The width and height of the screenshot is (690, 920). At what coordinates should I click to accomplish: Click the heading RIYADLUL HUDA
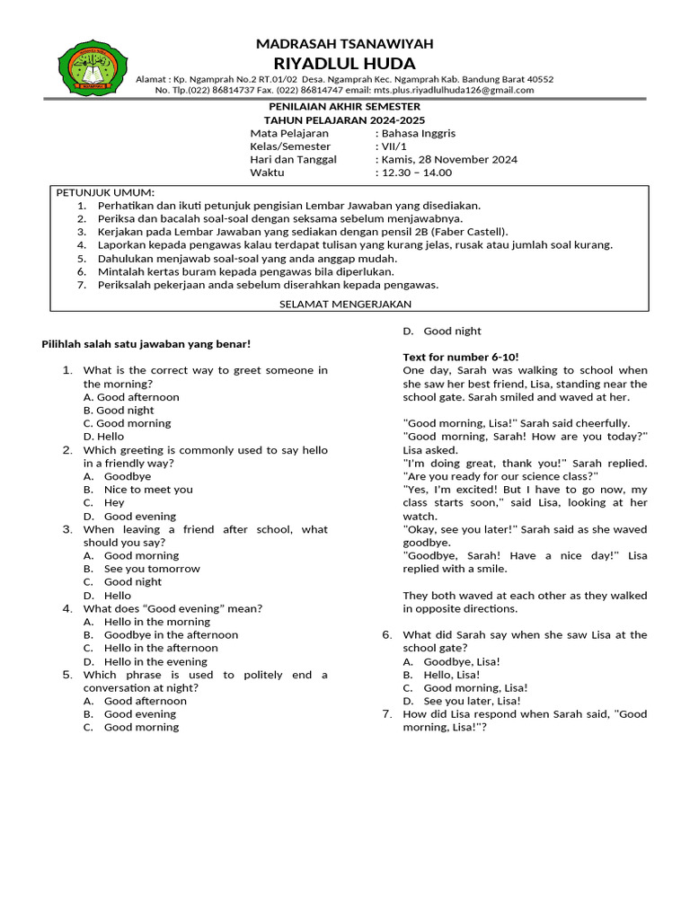tap(344, 63)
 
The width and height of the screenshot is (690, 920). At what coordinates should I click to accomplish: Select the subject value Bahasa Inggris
tap(418, 133)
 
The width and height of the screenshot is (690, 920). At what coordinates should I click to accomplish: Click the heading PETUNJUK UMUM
tap(106, 192)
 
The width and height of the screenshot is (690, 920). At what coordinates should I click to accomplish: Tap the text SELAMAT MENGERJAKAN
tap(345, 305)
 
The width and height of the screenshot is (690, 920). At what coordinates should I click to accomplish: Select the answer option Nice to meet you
tap(148, 490)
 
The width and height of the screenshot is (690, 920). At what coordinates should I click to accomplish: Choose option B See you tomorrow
tap(152, 569)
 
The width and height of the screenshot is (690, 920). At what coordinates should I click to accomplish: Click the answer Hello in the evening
tap(156, 661)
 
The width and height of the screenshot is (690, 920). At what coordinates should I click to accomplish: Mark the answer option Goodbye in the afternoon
tap(171, 634)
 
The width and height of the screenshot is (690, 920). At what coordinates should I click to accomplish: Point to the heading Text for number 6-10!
tap(460, 357)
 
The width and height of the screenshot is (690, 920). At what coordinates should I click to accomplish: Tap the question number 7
tap(387, 714)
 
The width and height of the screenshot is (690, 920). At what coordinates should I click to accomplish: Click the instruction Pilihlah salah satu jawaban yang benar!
tap(147, 344)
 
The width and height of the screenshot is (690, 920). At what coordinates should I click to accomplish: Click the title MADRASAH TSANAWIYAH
tap(345, 44)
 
